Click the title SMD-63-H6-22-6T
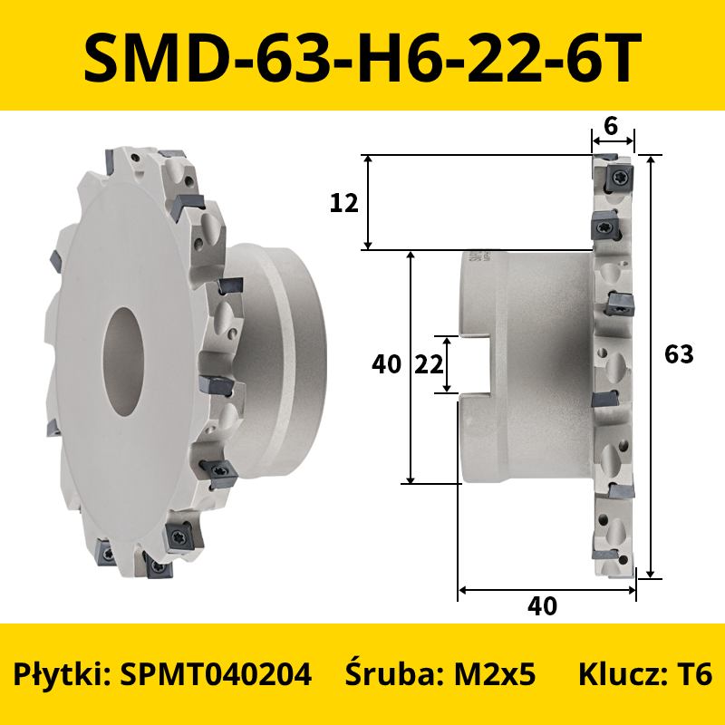[362, 56]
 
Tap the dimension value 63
[679, 354]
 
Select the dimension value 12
[344, 203]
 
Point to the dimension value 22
[429, 365]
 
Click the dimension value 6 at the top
[611, 126]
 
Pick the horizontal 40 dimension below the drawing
[542, 605]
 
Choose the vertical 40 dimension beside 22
[387, 364]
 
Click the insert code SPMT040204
[216, 673]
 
